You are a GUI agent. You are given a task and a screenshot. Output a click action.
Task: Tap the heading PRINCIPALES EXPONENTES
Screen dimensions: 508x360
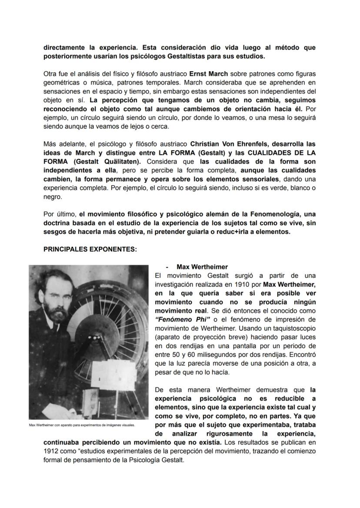pos(90,249)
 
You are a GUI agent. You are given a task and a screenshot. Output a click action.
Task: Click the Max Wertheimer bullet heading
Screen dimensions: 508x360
pos(202,267)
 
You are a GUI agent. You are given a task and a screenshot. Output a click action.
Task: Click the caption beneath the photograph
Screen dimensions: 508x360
pos(82,425)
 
